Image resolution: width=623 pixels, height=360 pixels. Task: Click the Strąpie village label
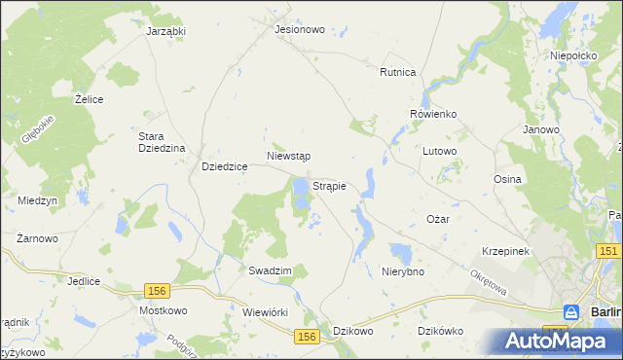tap(330, 184)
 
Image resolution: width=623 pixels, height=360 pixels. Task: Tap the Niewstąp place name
tap(288, 156)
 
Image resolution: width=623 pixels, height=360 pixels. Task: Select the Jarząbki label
tap(165, 30)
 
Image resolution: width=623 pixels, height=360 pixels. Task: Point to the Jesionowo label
tap(299, 29)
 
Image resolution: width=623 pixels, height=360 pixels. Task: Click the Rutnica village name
tap(398, 72)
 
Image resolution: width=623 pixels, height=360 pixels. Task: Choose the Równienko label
tap(433, 114)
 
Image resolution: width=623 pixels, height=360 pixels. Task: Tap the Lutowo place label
tap(440, 151)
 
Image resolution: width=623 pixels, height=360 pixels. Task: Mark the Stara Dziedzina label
tap(162, 142)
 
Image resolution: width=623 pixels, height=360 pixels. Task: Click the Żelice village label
tap(90, 99)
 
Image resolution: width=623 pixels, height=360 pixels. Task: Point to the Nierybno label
tap(403, 271)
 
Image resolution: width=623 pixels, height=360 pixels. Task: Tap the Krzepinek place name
tap(504, 251)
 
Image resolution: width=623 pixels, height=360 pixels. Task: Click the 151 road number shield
tap(609, 252)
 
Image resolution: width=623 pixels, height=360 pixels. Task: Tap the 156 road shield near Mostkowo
tap(156, 290)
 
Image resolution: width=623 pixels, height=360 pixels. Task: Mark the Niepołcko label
tap(572, 56)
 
